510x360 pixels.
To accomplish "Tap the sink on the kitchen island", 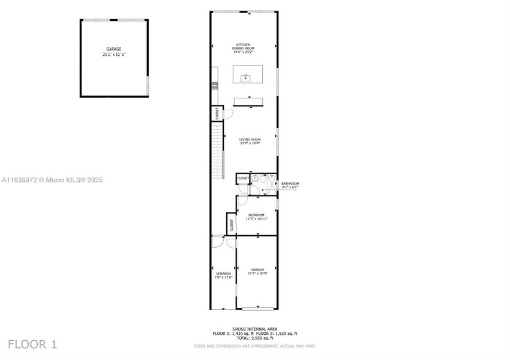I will tap(245, 77).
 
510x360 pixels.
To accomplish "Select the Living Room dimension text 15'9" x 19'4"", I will tap(249, 143).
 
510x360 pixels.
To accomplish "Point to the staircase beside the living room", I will tap(218, 147).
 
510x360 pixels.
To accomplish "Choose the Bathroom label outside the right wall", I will tap(290, 184).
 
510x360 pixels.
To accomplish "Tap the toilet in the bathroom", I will tap(255, 178).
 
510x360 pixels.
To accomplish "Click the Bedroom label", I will tap(256, 215).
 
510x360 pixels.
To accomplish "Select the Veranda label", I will tap(223, 274).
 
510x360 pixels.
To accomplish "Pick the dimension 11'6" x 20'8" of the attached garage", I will tap(257, 274).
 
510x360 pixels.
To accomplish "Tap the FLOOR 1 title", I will tap(32, 344).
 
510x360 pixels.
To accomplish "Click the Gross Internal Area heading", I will tap(254, 329).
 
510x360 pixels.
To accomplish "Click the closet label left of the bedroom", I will tap(231, 225).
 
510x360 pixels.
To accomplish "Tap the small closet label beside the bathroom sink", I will tap(243, 178).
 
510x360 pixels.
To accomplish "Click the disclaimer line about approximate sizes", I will tap(254, 346).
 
